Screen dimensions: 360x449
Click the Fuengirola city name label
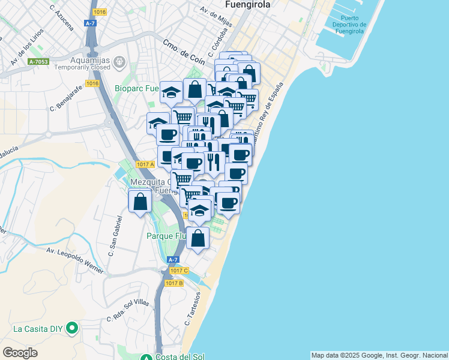click(247, 4)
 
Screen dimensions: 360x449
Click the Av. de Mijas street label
click(217, 19)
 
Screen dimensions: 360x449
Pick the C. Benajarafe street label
click(65, 100)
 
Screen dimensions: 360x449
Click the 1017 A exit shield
click(145, 164)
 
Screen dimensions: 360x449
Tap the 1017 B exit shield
click(173, 283)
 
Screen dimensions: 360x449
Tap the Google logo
click(20, 353)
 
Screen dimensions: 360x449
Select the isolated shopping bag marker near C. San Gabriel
click(140, 202)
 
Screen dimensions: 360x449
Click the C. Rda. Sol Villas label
click(127, 311)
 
